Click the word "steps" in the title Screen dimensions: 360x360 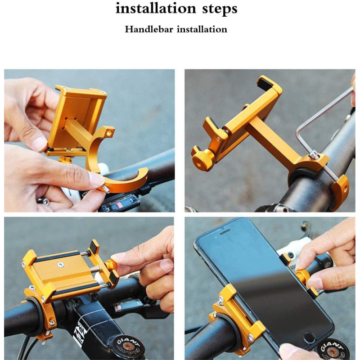[220, 9]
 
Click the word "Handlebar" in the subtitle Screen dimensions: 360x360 [149, 29]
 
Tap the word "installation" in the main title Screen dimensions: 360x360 [156, 8]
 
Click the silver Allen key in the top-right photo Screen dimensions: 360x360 [321, 129]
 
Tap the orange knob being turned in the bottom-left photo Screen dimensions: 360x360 [111, 266]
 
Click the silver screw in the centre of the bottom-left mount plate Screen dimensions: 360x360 [61, 265]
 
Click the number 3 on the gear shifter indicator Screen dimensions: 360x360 [108, 209]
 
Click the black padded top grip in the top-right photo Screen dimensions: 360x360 [265, 83]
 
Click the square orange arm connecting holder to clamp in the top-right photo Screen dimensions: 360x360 [273, 140]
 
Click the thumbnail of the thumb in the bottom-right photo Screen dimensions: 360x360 [315, 283]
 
